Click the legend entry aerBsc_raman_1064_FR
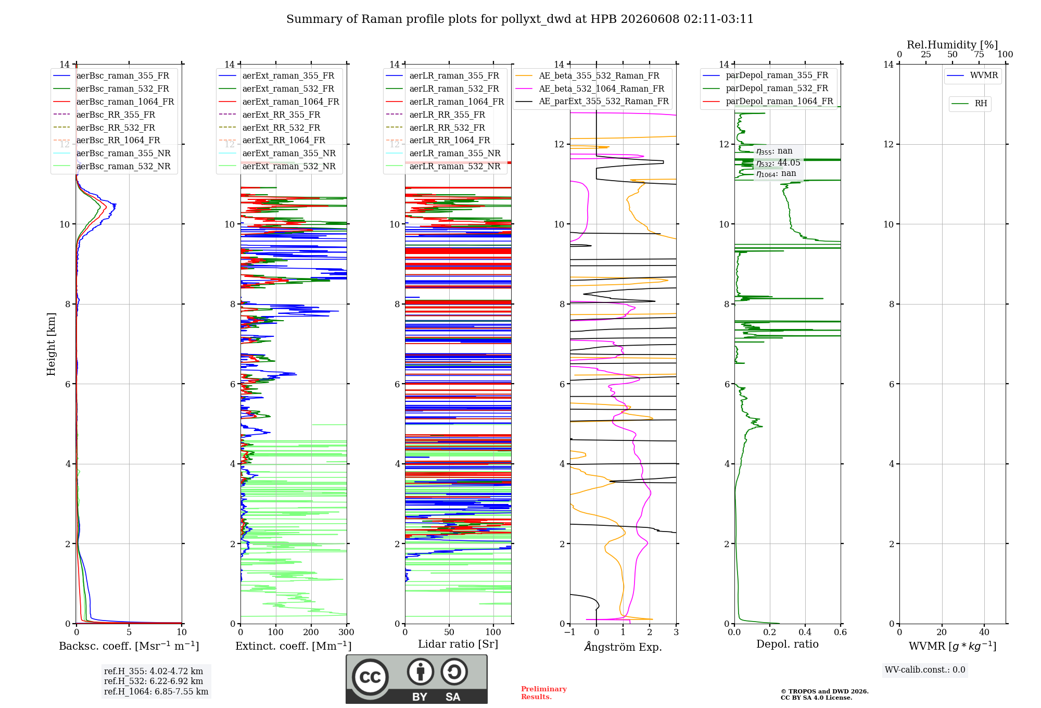[x=113, y=102]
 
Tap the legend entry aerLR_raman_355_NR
[x=443, y=153]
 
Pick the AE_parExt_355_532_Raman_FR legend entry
[x=592, y=101]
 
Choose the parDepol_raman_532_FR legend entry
[x=765, y=88]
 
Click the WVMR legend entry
[x=973, y=75]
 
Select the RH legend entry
[x=970, y=104]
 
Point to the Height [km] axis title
[x=51, y=344]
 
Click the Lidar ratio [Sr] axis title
[x=458, y=644]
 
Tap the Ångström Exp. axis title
[x=623, y=647]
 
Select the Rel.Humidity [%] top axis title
[x=953, y=45]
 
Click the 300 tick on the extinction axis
[x=346, y=632]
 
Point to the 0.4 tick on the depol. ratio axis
[x=805, y=632]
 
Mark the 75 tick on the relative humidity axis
[x=979, y=54]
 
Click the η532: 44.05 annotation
[x=778, y=162]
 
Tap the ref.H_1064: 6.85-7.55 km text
[x=156, y=691]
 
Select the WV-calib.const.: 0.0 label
[x=925, y=669]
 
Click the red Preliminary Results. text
[x=544, y=693]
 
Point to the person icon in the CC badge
[x=421, y=672]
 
